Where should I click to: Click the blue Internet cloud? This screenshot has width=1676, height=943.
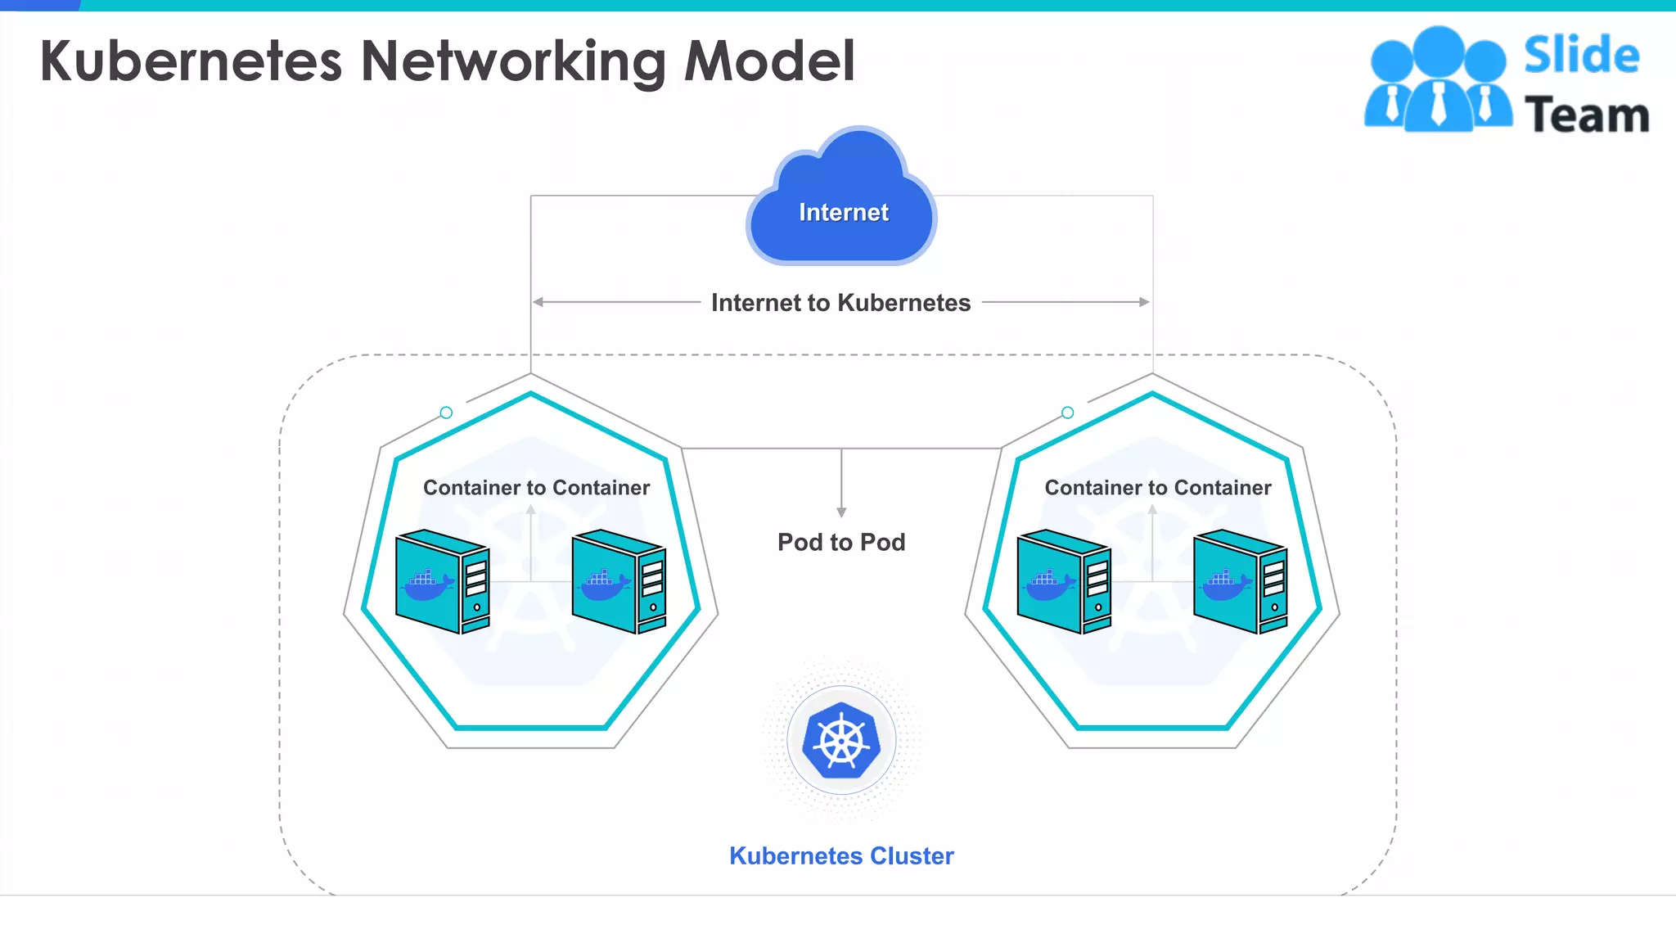tap(842, 205)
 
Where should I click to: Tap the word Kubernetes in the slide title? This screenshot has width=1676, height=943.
tap(191, 61)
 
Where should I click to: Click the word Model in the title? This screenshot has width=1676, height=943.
tap(769, 61)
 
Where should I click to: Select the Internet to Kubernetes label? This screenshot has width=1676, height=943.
tap(840, 303)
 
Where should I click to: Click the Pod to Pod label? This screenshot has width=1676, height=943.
tap(841, 542)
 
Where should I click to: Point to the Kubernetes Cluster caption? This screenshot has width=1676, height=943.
tap(841, 855)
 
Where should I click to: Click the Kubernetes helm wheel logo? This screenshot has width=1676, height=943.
tap(841, 740)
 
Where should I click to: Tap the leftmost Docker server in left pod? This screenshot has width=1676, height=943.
tap(442, 581)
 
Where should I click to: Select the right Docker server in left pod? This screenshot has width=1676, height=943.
tap(619, 581)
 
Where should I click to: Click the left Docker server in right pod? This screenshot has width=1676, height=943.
tap(1064, 581)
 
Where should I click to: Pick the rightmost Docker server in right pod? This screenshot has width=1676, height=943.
tap(1240, 581)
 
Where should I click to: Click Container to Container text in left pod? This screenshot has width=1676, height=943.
tap(536, 488)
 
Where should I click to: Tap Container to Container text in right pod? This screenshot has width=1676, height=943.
tap(1158, 488)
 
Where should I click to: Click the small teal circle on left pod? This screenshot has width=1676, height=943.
tap(446, 413)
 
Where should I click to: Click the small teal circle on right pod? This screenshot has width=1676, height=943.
tap(1067, 413)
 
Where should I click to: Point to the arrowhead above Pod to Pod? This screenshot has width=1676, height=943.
tap(841, 512)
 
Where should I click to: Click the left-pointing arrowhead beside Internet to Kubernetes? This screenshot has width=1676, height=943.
tap(538, 302)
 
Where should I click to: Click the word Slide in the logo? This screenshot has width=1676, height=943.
tap(1581, 56)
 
